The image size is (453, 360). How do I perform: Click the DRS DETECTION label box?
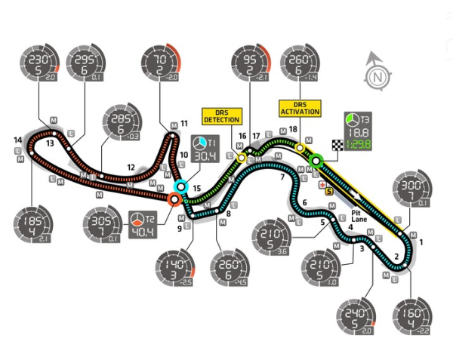pyautogui.click(x=221, y=115)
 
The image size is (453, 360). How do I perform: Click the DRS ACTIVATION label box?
pyautogui.click(x=300, y=107)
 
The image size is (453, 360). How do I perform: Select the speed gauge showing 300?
pyautogui.click(x=412, y=193)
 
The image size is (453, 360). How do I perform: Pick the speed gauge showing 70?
pyautogui.click(x=162, y=63)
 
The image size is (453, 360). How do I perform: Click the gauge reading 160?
pyautogui.click(x=411, y=318)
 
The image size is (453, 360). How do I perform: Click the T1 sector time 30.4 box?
pyautogui.click(x=202, y=149)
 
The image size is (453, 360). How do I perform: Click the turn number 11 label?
pyautogui.click(x=183, y=124)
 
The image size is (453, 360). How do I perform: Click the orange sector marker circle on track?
pyautogui.click(x=174, y=199)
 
